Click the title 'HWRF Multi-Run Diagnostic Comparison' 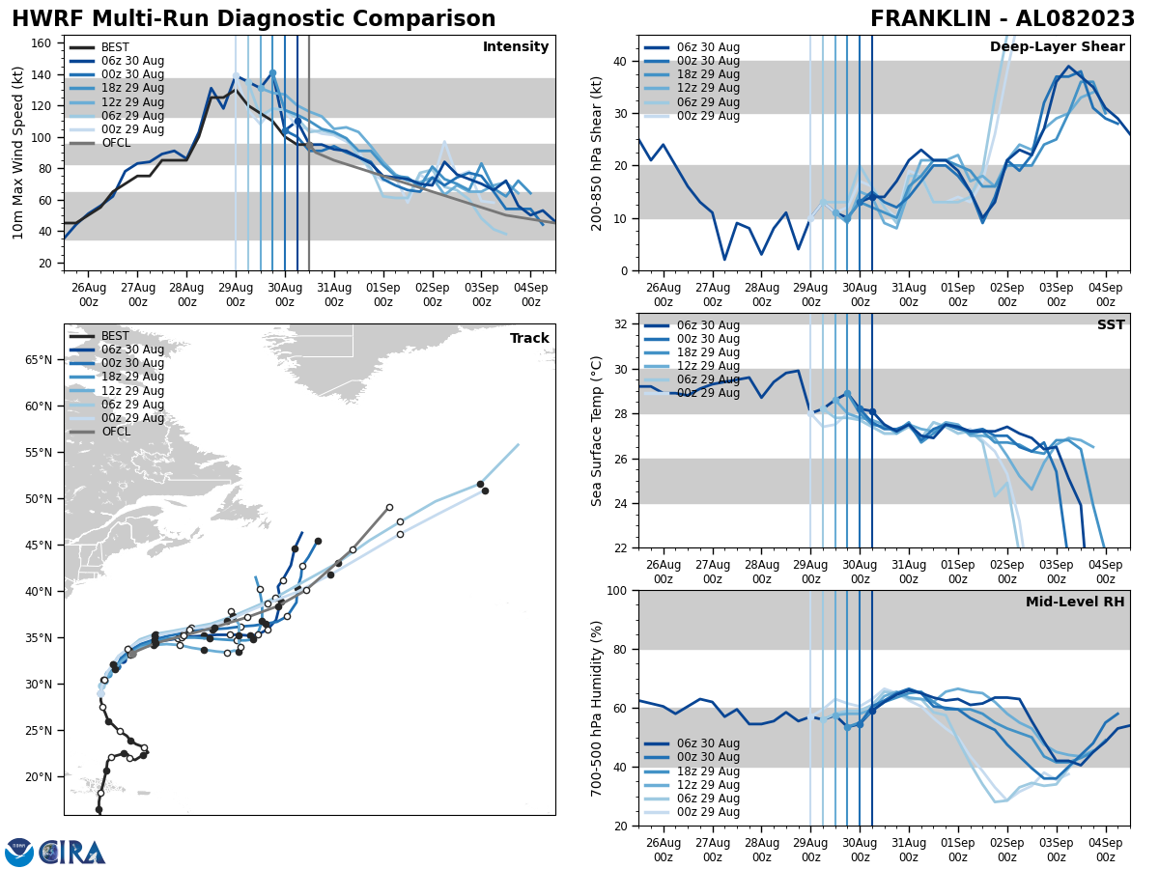253,19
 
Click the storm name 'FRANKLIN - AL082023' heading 1003,19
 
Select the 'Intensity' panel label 516,47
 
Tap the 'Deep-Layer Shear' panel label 1057,47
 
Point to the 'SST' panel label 1111,325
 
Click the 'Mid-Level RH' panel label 1075,603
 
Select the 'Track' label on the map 529,339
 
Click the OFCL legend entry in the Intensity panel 115,143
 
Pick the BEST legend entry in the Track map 115,336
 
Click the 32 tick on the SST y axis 623,324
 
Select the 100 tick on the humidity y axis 618,590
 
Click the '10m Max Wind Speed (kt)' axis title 17,153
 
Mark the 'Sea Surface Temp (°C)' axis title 597,431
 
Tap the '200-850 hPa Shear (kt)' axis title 597,153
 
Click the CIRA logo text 73,852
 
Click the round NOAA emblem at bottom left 19,852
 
